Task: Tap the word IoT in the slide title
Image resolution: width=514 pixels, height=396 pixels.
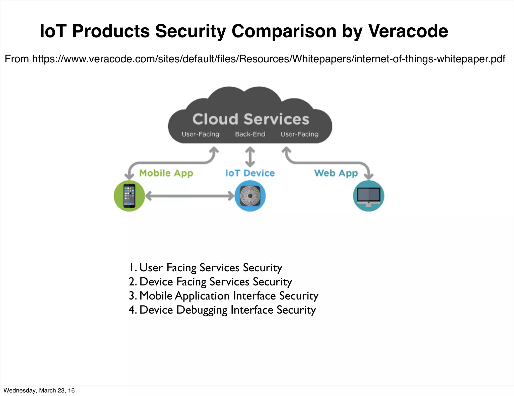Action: click(53, 31)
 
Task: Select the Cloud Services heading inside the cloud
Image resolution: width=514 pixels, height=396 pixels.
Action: click(250, 119)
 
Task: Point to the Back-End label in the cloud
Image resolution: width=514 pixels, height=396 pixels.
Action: click(250, 134)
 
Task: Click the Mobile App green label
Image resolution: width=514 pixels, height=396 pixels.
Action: click(166, 173)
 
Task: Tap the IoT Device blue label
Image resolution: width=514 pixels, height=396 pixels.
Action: click(250, 173)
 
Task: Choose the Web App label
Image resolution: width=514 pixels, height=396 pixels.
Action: click(336, 173)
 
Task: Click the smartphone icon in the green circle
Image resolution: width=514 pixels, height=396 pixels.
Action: click(129, 196)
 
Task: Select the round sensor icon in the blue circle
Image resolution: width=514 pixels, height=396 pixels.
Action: click(250, 196)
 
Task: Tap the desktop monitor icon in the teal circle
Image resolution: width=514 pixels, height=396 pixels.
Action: click(368, 196)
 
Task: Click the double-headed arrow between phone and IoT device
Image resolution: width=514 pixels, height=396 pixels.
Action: click(189, 196)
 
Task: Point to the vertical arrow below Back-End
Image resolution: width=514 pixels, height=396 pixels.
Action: click(250, 157)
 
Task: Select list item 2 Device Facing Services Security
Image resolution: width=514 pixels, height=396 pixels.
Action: click(210, 282)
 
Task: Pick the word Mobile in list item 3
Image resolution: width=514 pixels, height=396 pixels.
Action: click(156, 296)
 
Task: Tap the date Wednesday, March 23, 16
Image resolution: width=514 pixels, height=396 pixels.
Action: click(39, 390)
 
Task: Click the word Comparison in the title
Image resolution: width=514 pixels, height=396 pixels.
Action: click(284, 31)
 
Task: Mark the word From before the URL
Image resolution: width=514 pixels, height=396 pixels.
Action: click(17, 59)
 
